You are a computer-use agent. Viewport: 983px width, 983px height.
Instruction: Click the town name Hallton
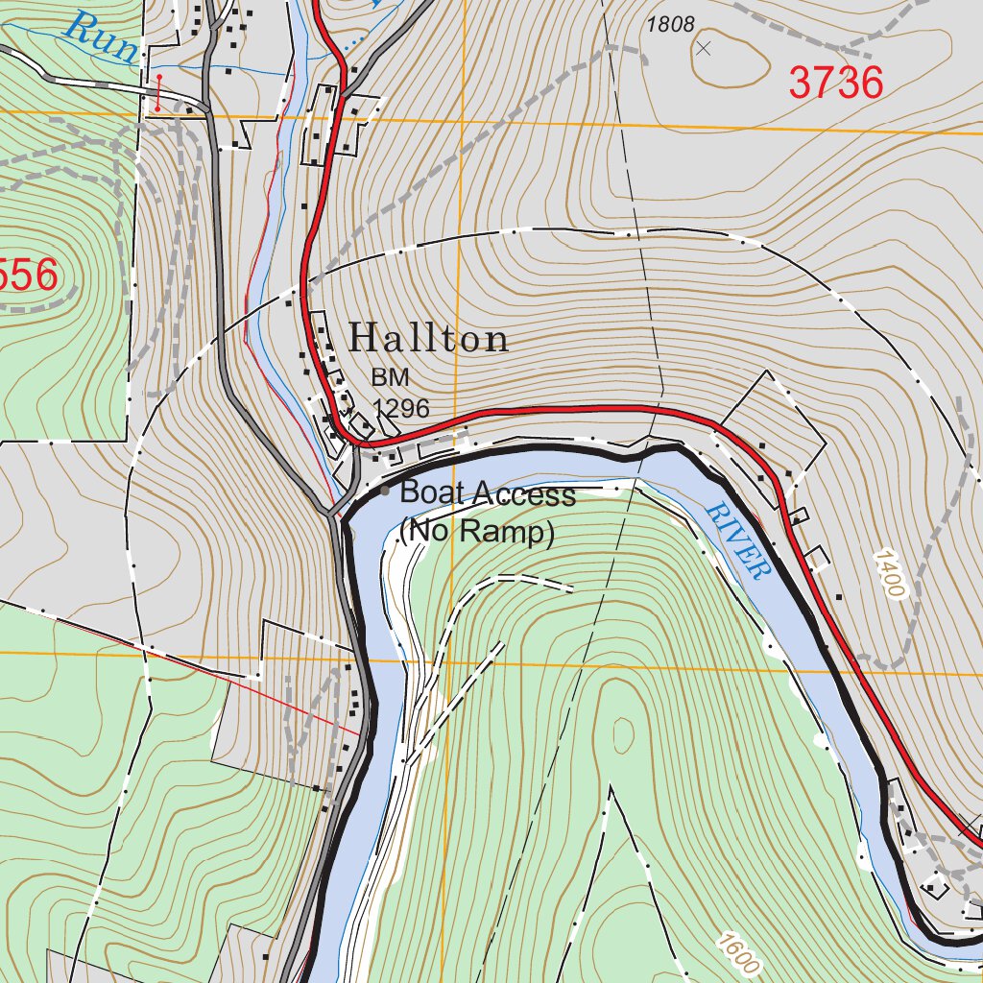[x=428, y=338]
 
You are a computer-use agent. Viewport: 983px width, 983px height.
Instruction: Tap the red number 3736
[x=835, y=84]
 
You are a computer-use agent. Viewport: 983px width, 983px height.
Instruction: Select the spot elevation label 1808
[x=670, y=25]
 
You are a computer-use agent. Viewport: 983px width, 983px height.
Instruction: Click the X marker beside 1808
[x=704, y=47]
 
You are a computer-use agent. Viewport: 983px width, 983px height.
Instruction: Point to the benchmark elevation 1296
[x=401, y=409]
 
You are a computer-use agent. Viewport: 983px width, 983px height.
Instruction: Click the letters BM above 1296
[x=390, y=378]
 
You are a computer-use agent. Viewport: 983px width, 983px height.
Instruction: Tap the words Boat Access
[x=488, y=494]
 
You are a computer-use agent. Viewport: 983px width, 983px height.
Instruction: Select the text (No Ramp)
[x=477, y=531]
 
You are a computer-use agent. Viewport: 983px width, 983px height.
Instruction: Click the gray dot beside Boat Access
[x=385, y=491]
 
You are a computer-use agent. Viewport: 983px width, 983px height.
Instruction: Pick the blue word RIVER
[x=738, y=540]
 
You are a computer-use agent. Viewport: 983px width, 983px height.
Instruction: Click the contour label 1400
[x=890, y=574]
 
